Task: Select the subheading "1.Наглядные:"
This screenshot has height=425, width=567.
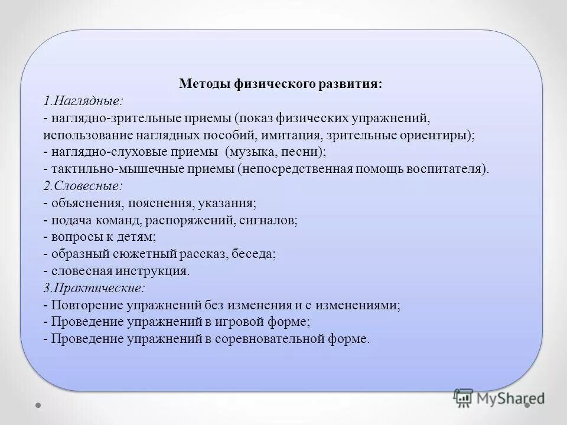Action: click(83, 100)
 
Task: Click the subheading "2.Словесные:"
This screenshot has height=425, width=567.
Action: click(83, 186)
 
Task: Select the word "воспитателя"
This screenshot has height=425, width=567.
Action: click(451, 169)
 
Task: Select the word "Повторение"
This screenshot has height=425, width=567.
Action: click(87, 306)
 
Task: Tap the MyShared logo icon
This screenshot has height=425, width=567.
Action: click(463, 398)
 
